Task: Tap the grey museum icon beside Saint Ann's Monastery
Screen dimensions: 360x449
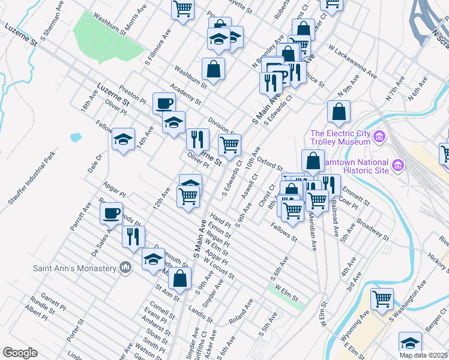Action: [125, 267]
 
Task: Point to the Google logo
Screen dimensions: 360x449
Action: [20, 353]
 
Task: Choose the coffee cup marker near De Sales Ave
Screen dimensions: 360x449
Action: [111, 213]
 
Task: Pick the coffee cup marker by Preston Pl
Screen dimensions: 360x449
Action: [164, 103]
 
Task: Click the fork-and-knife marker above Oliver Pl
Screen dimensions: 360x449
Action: [197, 139]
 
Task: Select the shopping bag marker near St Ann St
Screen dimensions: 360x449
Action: [179, 278]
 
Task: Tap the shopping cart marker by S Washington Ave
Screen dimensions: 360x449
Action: [382, 298]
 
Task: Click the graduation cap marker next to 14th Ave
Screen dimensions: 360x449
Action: [123, 140]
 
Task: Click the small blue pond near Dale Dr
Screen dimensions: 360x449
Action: [75, 137]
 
